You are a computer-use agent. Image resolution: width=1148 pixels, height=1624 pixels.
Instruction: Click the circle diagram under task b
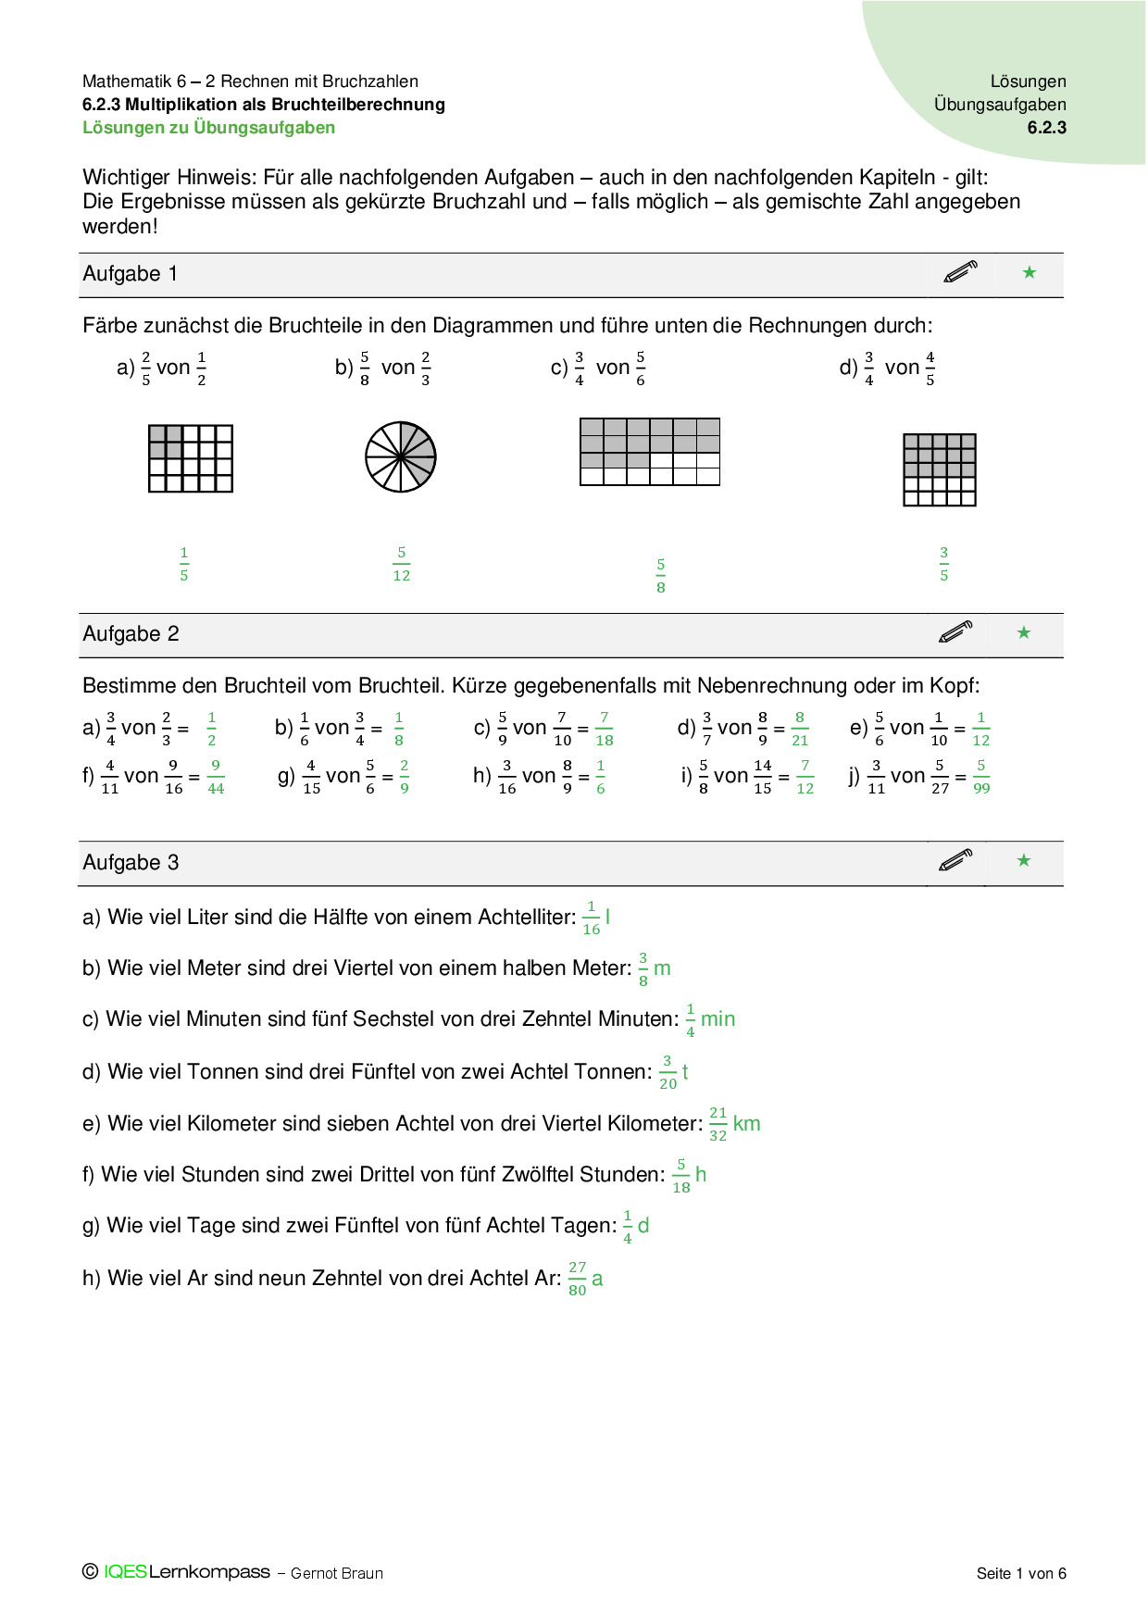coord(400,457)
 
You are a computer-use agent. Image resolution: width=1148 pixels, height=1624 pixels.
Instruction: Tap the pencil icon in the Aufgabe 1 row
coord(960,272)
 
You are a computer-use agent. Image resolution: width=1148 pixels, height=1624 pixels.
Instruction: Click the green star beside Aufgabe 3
coord(1023,860)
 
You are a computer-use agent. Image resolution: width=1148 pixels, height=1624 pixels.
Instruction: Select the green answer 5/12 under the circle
coord(401,564)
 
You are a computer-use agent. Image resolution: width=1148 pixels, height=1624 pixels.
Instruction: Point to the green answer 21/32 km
coord(734,1124)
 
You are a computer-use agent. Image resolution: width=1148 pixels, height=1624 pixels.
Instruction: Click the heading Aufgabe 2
coord(131,634)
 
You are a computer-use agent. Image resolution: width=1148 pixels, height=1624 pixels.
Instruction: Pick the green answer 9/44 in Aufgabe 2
coord(216,777)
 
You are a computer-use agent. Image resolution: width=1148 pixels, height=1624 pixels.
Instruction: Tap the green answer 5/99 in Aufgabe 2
coord(981,777)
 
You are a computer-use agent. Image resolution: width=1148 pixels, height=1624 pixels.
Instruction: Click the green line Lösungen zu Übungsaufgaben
coord(208,128)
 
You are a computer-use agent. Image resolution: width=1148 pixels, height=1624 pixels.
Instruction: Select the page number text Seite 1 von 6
coord(1020,1573)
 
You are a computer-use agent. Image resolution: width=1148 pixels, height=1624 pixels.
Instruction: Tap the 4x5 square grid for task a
coord(190,458)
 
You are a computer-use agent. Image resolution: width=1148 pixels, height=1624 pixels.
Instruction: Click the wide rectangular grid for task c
coord(649,452)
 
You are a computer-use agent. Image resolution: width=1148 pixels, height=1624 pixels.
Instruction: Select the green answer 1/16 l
coord(595,918)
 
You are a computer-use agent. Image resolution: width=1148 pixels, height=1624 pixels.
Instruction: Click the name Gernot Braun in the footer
coord(336,1573)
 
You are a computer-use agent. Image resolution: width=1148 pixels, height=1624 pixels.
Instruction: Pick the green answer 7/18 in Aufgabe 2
coord(604,729)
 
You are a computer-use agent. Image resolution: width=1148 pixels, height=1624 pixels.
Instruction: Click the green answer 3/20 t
coord(673,1072)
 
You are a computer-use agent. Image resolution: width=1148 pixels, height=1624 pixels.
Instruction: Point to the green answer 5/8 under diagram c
coord(660,575)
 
